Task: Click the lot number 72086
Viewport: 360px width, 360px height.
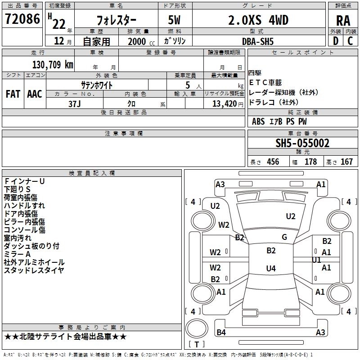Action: coord(22,19)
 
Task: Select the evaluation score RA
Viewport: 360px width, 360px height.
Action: coord(343,21)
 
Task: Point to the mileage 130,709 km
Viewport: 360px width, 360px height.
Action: coord(53,64)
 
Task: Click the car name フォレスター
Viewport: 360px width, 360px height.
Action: coord(116,21)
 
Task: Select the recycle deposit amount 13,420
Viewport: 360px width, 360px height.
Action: coord(224,103)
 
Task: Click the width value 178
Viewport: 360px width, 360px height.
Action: coord(310,162)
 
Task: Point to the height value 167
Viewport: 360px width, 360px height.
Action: coord(346,162)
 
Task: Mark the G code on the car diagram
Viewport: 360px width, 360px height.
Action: coord(284,237)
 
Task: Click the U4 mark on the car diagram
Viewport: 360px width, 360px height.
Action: coord(271,269)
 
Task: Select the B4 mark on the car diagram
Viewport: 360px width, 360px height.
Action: coord(221,333)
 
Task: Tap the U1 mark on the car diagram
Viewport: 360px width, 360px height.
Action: coord(316,260)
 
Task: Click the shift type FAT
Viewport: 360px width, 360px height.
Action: coord(13,94)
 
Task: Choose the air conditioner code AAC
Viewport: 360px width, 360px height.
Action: coord(34,94)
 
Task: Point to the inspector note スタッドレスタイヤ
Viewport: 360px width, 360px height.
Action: coord(34,270)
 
